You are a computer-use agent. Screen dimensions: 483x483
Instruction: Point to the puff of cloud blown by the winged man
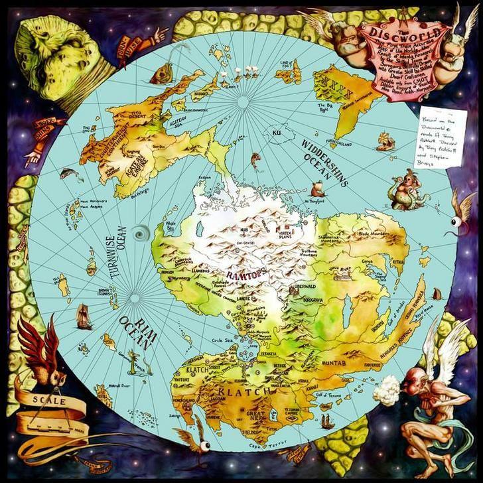(386, 394)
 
